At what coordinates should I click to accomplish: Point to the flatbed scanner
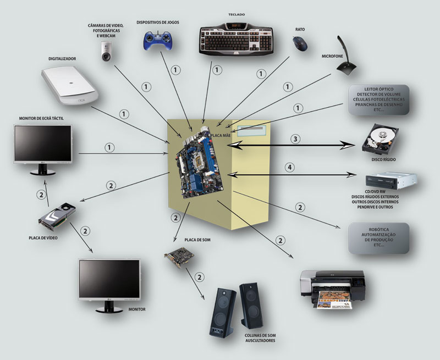[x=70, y=86]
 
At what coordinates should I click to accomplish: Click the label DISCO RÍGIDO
[x=384, y=160]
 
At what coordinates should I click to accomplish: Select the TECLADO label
[x=236, y=13]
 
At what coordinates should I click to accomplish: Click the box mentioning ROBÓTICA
[x=379, y=238]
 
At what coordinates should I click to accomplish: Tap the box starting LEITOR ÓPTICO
[x=379, y=99]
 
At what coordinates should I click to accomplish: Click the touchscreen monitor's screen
[x=43, y=143]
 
